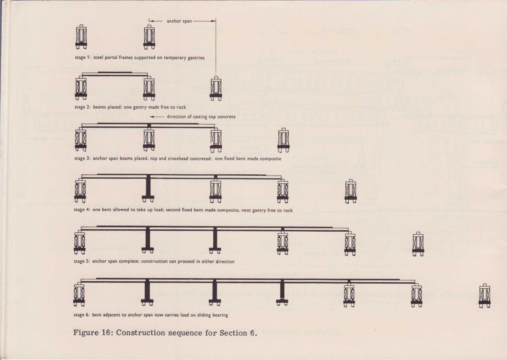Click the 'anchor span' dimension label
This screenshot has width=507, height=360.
[x=179, y=21]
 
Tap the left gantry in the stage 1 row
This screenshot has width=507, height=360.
[x=81, y=37]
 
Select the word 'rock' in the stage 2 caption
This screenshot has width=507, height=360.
[x=181, y=107]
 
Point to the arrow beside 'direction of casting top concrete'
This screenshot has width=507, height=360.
[x=157, y=117]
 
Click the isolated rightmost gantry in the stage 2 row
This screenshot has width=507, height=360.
[x=216, y=88]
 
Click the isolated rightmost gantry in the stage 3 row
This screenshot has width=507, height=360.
[x=284, y=140]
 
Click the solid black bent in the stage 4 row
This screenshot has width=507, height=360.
[x=148, y=188]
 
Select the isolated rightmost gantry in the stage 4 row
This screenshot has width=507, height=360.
[x=351, y=191]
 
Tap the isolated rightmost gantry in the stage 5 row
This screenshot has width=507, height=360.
[x=418, y=244]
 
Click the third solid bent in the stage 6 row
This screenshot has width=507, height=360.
[x=282, y=292]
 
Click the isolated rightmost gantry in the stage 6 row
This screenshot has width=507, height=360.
[x=485, y=296]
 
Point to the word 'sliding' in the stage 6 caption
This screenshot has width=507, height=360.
[x=204, y=315]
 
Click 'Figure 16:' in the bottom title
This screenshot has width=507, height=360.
[x=93, y=333]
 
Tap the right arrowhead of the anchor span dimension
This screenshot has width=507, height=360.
[x=213, y=21]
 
